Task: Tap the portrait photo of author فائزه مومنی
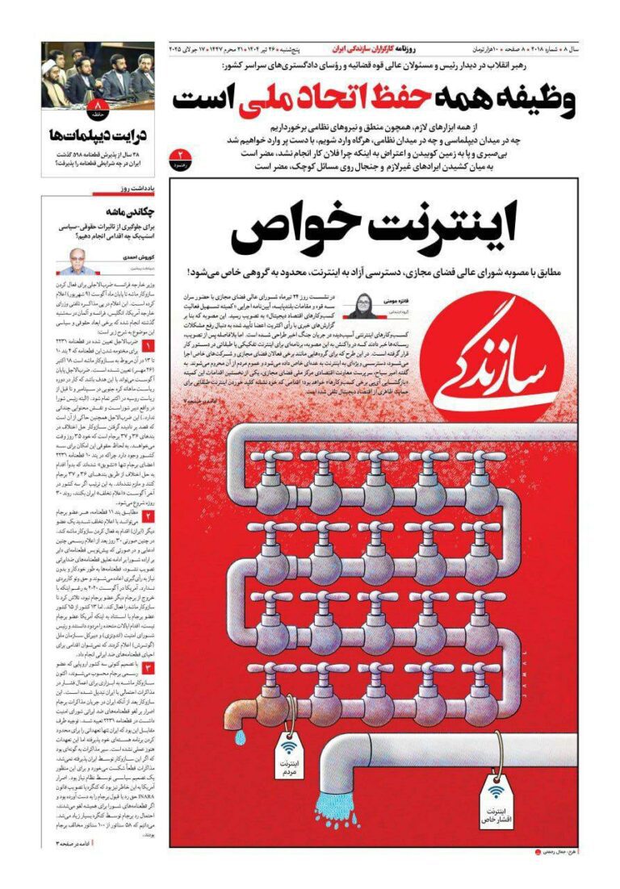[x=358, y=306]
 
